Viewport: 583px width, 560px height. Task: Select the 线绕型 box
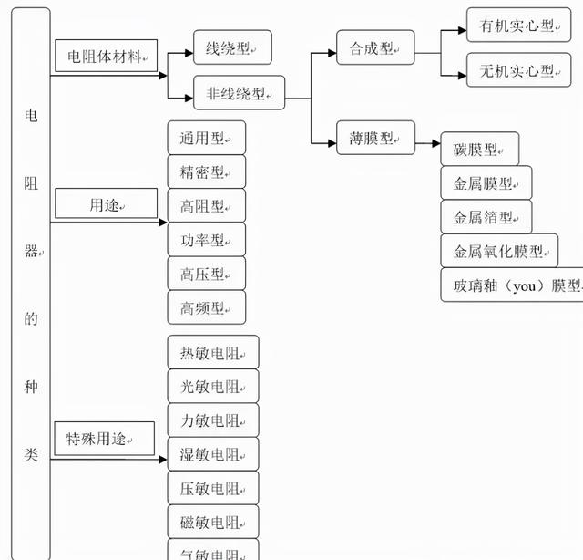(x=232, y=47)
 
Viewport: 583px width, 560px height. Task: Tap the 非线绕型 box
(x=239, y=92)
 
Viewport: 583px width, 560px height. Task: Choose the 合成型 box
(x=375, y=47)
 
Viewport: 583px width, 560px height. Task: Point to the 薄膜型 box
(x=375, y=139)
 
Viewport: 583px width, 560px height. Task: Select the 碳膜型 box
(x=479, y=150)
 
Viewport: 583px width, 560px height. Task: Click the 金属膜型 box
(x=486, y=183)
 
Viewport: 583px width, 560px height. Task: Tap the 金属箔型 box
(x=486, y=217)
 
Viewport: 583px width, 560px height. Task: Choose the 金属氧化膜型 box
(x=499, y=251)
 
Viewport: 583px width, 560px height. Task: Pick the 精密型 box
(x=207, y=171)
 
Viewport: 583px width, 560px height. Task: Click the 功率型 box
(x=207, y=240)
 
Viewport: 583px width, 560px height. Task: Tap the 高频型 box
(x=207, y=308)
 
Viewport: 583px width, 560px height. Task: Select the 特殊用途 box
(x=99, y=440)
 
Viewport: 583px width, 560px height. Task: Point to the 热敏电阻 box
(x=213, y=352)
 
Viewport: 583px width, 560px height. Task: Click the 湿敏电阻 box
(x=213, y=454)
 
